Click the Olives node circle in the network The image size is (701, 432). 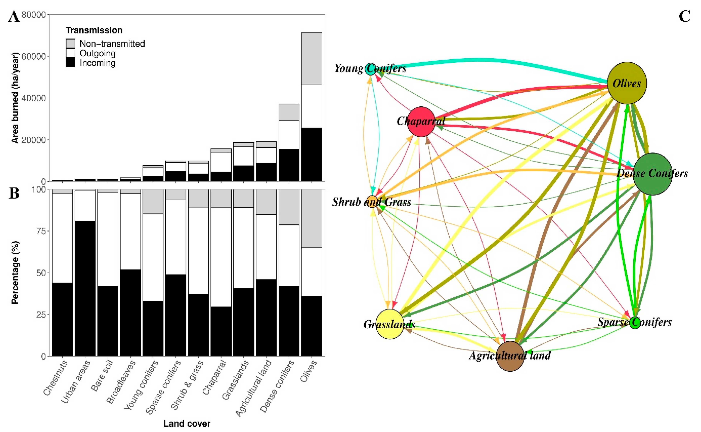pos(627,83)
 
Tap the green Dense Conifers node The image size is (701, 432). pos(652,174)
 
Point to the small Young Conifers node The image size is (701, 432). pos(370,69)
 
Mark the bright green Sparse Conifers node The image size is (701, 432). pos(635,323)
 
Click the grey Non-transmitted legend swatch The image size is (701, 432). pos(70,43)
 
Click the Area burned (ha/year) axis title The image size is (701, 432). pos(15,98)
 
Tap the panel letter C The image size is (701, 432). pos(684,17)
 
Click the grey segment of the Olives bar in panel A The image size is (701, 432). pos(311,58)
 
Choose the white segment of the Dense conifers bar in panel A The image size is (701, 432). pos(289,135)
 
